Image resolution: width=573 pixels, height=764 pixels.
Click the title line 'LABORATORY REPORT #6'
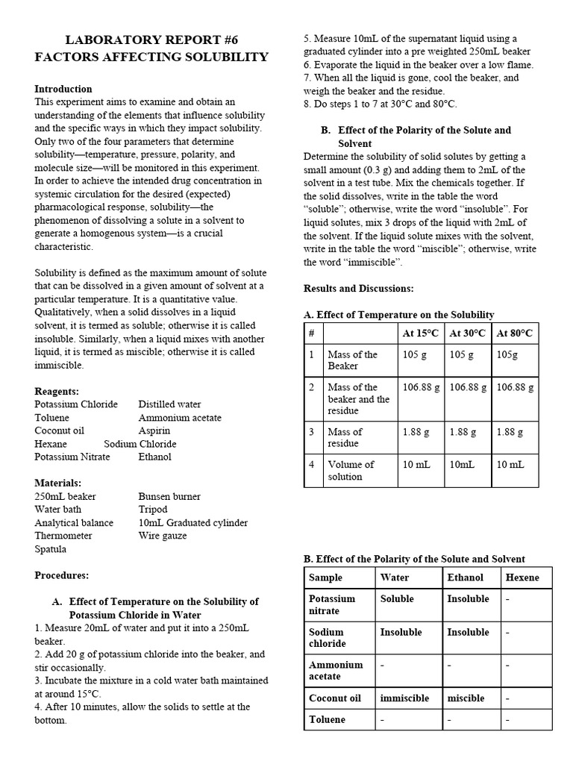click(151, 40)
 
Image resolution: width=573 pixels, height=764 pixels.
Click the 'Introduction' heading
click(63, 89)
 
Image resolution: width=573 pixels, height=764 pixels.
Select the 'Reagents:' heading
click(57, 391)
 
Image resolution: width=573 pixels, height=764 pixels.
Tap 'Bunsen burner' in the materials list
click(169, 496)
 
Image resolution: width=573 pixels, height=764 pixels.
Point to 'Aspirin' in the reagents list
click(154, 430)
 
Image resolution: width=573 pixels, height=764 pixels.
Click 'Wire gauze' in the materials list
click(163, 536)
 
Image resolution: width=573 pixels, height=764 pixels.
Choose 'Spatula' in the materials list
click(51, 549)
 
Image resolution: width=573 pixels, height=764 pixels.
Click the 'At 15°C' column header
click(421, 333)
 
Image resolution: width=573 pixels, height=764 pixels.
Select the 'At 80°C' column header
click(514, 333)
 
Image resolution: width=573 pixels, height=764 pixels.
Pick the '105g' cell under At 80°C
click(508, 354)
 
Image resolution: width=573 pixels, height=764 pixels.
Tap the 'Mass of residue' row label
click(345, 437)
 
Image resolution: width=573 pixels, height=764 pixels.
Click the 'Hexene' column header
click(522, 577)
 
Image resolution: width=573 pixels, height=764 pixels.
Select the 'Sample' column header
click(325, 577)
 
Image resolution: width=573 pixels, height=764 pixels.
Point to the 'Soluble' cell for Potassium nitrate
click(397, 598)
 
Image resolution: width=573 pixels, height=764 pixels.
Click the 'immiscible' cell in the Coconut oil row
click(404, 698)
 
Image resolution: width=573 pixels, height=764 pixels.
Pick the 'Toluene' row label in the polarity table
click(328, 719)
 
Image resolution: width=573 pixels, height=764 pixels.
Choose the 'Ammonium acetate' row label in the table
click(336, 671)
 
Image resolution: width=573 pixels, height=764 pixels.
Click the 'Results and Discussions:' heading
click(359, 288)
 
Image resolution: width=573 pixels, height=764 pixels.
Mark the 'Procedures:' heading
click(61, 575)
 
